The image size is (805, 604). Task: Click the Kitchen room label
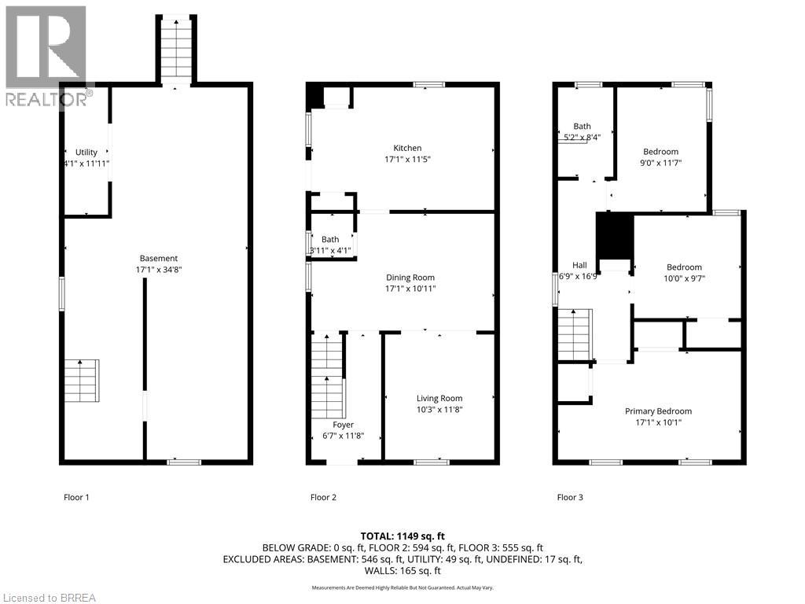click(x=407, y=148)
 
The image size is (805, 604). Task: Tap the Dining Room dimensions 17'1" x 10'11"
click(x=410, y=289)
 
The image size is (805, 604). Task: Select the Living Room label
click(x=439, y=398)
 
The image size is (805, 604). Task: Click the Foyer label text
click(x=343, y=425)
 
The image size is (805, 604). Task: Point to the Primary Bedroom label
click(x=658, y=411)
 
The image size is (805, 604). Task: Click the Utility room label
click(x=86, y=152)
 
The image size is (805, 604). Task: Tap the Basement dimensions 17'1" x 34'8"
click(x=158, y=269)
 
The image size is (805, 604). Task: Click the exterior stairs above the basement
click(x=176, y=50)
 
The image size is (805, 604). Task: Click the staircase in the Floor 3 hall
click(x=574, y=333)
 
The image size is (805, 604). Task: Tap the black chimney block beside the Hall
click(x=614, y=236)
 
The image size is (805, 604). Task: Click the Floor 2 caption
click(x=323, y=497)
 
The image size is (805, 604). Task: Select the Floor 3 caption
click(x=570, y=497)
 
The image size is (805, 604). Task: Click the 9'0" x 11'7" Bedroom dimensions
click(x=661, y=163)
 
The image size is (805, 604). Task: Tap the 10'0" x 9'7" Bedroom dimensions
click(x=683, y=278)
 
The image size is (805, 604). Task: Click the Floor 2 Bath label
click(x=330, y=239)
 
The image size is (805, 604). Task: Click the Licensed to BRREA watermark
click(x=49, y=597)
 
